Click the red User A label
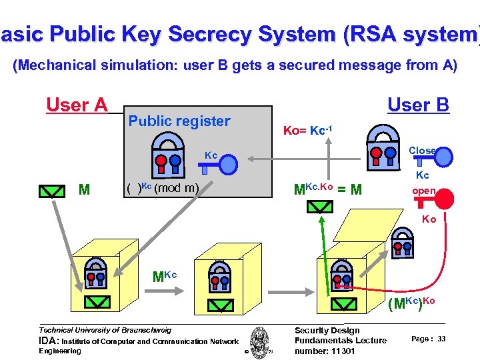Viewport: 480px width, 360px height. click(77, 105)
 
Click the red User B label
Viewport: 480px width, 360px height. click(418, 105)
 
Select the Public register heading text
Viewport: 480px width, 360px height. click(179, 121)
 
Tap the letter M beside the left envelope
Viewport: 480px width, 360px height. click(84, 190)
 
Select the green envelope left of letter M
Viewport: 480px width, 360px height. click(48, 191)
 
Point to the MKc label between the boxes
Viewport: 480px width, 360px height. click(164, 275)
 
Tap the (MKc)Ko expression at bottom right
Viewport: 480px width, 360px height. click(411, 303)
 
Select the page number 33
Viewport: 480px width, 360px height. click(441, 339)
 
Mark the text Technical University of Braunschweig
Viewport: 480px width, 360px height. click(105, 330)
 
